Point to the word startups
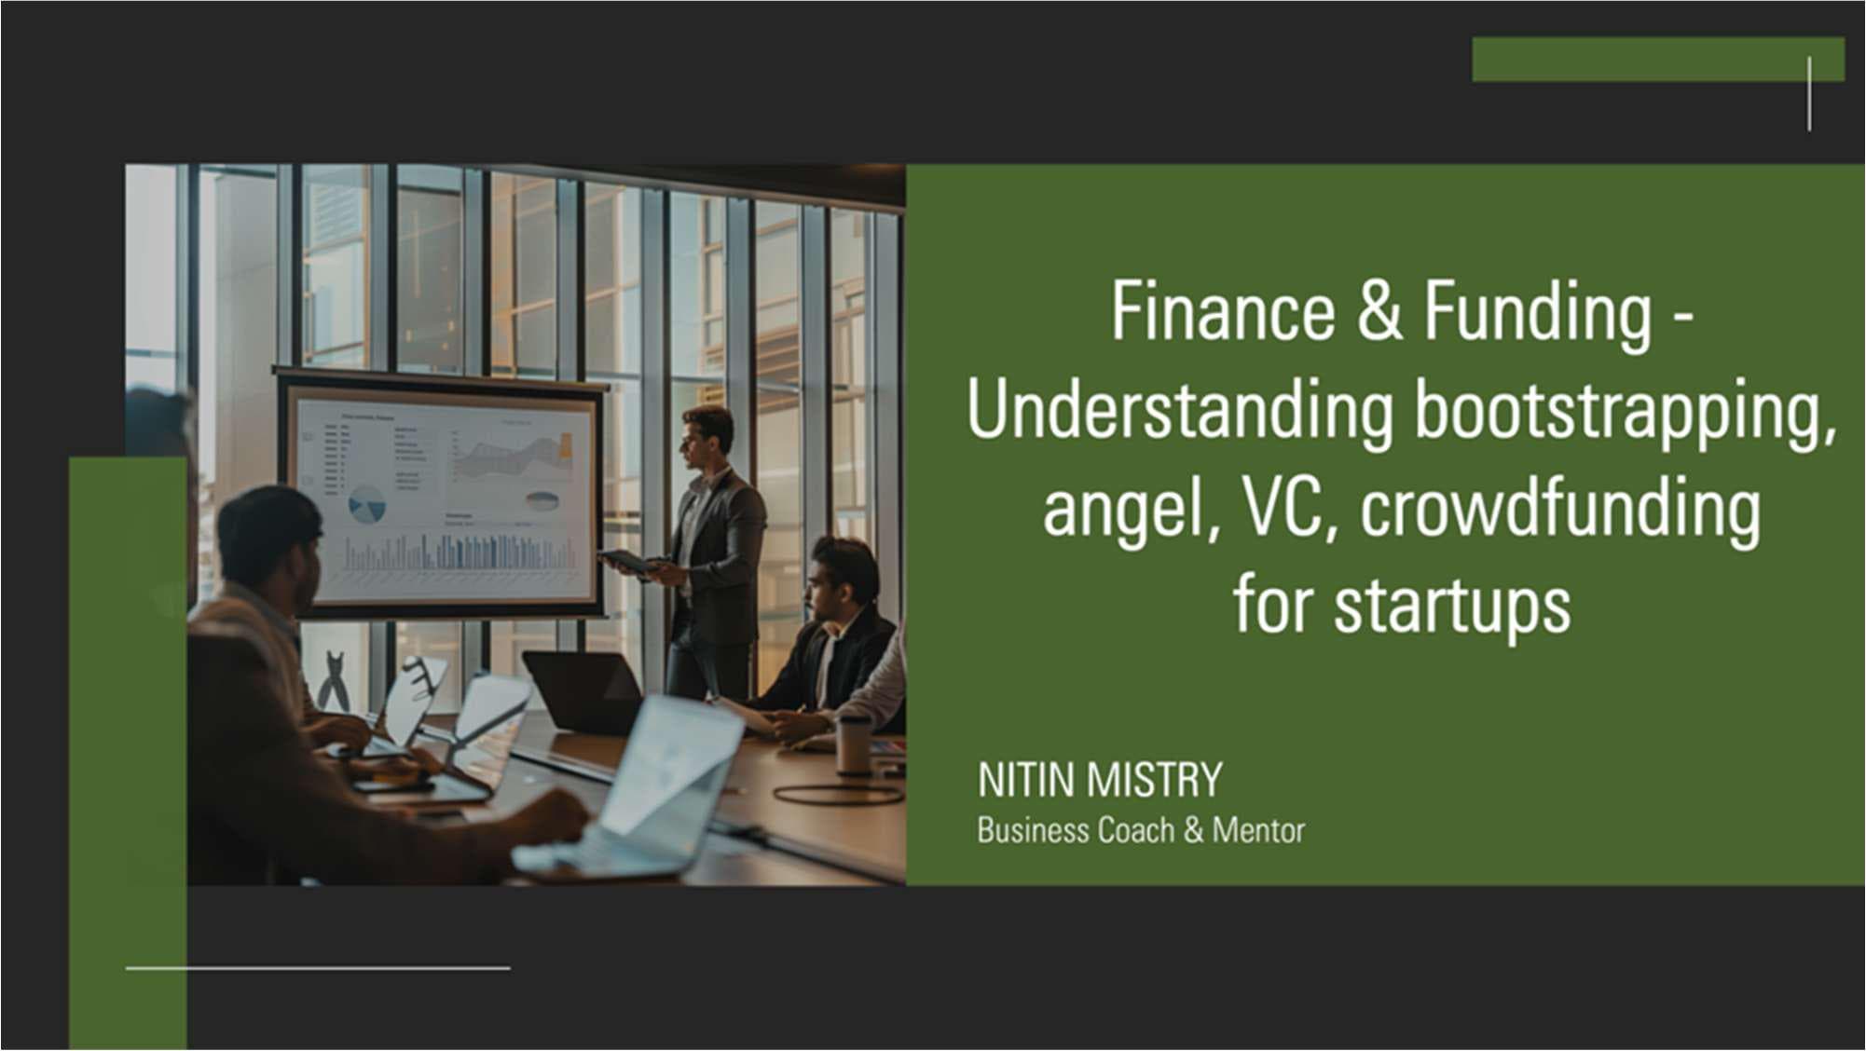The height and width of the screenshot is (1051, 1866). click(x=1451, y=607)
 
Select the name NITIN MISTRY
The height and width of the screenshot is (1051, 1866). click(x=1099, y=780)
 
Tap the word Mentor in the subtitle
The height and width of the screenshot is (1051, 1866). click(x=1258, y=830)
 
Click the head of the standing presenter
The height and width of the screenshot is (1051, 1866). click(x=707, y=437)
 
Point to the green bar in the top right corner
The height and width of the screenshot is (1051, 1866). click(x=1658, y=60)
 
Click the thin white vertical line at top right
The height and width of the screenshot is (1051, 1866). click(x=1809, y=93)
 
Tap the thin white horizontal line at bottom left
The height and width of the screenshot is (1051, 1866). click(x=318, y=968)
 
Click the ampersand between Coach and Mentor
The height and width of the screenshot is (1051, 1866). click(x=1193, y=830)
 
